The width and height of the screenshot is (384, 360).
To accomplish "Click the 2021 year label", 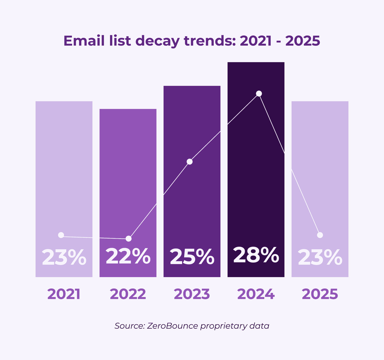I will [x=64, y=294].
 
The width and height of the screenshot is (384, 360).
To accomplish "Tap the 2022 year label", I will [x=128, y=294].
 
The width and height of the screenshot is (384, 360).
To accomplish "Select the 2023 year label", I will [x=192, y=294].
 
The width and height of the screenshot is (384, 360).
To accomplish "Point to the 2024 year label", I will [x=256, y=294].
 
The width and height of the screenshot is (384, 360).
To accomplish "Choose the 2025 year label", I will [x=320, y=294].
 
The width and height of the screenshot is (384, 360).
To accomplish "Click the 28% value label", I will [x=256, y=255].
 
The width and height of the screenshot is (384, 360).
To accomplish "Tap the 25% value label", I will [x=192, y=257].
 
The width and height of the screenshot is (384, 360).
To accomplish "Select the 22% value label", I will [x=128, y=256].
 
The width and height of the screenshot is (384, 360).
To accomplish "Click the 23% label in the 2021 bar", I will [x=64, y=258].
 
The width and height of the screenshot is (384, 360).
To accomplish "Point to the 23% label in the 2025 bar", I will [x=320, y=258].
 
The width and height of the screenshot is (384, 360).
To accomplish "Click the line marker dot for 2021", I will [x=61, y=235].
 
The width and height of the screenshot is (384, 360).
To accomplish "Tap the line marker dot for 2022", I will [x=129, y=239].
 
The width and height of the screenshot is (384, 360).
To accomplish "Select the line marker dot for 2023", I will [x=189, y=162].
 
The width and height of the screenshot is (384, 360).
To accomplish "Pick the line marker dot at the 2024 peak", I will [x=259, y=93].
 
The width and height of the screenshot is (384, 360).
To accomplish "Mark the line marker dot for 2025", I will [x=320, y=235].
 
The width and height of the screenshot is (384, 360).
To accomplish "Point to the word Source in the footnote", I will [x=129, y=326].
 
